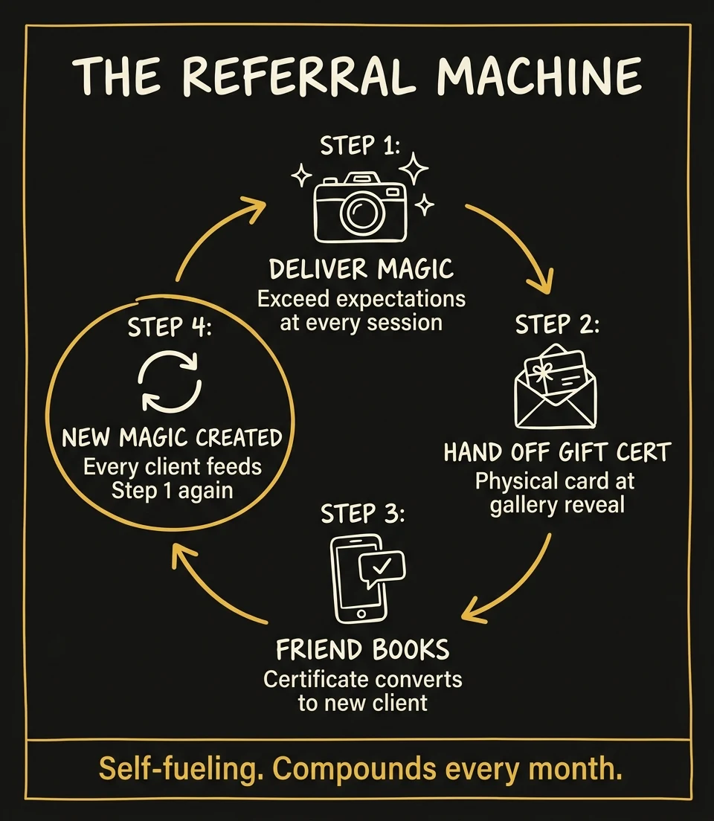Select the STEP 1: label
tap(360, 145)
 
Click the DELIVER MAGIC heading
tap(361, 268)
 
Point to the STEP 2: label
tap(556, 325)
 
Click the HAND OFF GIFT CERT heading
tap(557, 452)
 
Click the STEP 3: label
tap(362, 513)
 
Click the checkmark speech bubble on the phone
tap(382, 568)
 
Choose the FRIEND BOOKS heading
tap(362, 650)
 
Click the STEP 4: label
tap(170, 327)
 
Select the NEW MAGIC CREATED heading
tap(172, 437)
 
